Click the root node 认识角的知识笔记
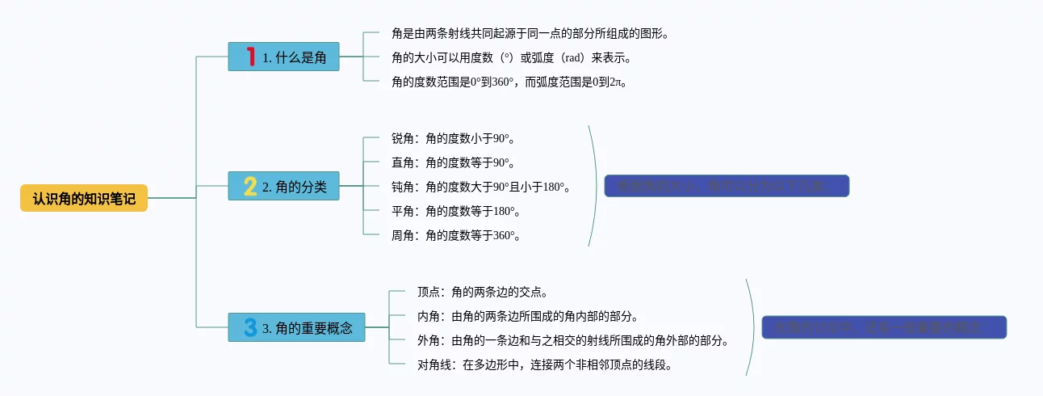pyautogui.click(x=84, y=198)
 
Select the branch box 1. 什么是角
pyautogui.click(x=283, y=57)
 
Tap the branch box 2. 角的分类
pyautogui.click(x=283, y=186)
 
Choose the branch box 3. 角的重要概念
pyautogui.click(x=296, y=327)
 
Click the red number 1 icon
pyautogui.click(x=251, y=57)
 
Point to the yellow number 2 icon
pyautogui.click(x=250, y=186)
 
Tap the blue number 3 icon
pyautogui.click(x=250, y=327)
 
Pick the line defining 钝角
pyautogui.click(x=481, y=187)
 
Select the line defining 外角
pyautogui.click(x=573, y=340)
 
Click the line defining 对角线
pyautogui.click(x=545, y=364)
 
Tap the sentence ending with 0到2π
pyautogui.click(x=509, y=82)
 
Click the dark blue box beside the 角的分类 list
pyautogui.click(x=727, y=186)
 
